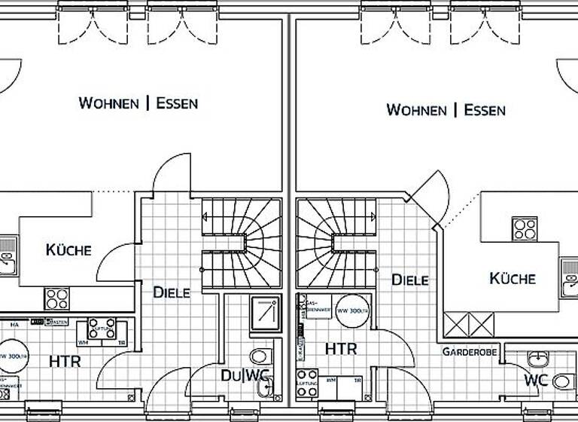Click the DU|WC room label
pos(245,375)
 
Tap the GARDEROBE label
pos(470,352)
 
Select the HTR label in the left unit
pos(65,361)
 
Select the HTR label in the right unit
pos(340,349)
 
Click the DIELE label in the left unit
pos(172,292)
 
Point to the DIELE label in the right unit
pos(409,280)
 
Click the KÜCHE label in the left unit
pos(68,249)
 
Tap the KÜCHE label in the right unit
pos(513,278)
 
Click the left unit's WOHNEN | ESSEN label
pos(138,103)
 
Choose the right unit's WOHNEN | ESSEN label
pos(446,110)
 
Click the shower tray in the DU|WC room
pos(266,312)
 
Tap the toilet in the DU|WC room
pos(259,356)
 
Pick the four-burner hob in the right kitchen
pos(524,228)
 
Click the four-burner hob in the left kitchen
pos(57,299)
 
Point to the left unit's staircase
pos(241,243)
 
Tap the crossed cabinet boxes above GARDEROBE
pos(470,326)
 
